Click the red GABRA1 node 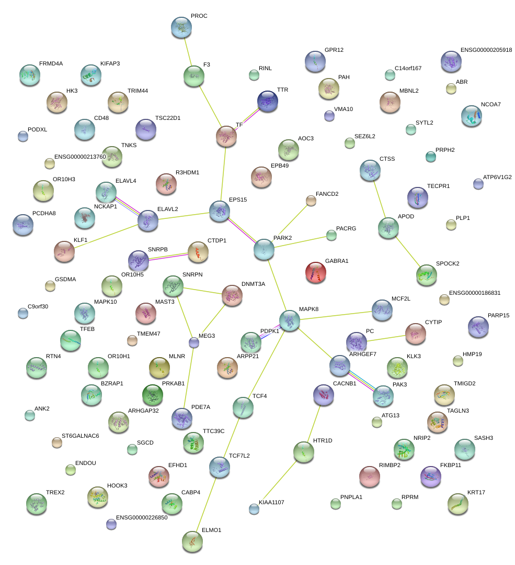[x=315, y=272]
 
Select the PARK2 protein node [x=264, y=249]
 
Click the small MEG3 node [x=194, y=342]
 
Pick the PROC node [x=181, y=27]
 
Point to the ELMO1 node [x=192, y=541]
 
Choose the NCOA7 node [x=472, y=116]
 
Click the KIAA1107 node [x=254, y=507]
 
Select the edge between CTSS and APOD [x=379, y=200]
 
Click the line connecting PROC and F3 [x=188, y=52]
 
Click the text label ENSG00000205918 [x=486, y=50]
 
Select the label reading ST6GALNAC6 [x=80, y=436]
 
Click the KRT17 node [x=458, y=504]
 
